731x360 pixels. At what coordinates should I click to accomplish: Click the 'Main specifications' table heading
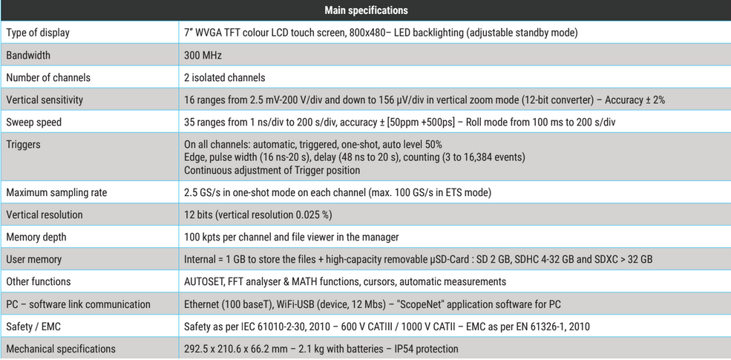click(366, 10)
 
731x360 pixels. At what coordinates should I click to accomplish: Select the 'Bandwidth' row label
click(28, 56)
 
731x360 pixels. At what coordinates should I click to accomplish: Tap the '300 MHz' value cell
click(203, 56)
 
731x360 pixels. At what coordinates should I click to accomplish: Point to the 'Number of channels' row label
click(48, 78)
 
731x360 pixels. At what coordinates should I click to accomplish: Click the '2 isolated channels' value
click(224, 78)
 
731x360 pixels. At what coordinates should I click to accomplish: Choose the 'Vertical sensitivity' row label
click(45, 100)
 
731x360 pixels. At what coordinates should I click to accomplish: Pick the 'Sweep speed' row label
click(34, 122)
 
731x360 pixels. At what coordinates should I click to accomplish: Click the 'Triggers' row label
click(23, 145)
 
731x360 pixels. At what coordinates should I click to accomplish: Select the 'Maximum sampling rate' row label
click(56, 193)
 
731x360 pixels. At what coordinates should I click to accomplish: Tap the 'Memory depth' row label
click(36, 238)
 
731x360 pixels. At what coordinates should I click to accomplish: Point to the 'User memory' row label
click(34, 260)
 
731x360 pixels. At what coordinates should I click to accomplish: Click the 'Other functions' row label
click(39, 282)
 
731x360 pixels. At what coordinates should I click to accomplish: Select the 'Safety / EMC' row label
click(34, 327)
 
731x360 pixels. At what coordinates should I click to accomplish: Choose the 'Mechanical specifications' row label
click(61, 349)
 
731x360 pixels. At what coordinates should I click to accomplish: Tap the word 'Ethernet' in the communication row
click(202, 304)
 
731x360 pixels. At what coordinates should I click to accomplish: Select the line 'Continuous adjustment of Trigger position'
click(272, 170)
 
